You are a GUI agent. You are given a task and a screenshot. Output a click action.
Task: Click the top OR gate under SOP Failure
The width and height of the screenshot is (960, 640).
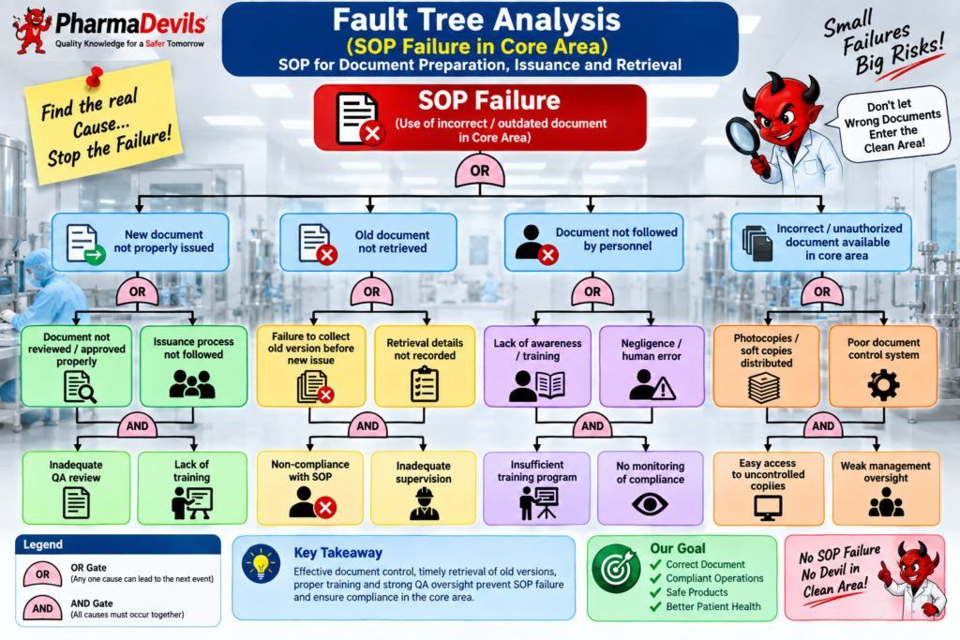click(x=479, y=171)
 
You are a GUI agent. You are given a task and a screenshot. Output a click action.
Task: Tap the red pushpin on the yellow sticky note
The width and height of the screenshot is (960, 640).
click(x=95, y=78)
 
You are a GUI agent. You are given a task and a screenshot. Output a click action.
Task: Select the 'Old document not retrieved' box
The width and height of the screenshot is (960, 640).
click(x=367, y=243)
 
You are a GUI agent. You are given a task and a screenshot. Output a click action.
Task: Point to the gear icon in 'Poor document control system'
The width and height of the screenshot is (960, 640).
click(x=883, y=385)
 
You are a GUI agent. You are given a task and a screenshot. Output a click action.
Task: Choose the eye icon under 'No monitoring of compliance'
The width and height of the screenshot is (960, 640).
click(x=650, y=504)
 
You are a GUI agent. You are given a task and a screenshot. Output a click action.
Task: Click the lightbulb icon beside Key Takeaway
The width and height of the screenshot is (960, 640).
click(x=261, y=563)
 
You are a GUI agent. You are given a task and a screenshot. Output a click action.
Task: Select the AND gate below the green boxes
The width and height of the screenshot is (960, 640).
click(x=137, y=425)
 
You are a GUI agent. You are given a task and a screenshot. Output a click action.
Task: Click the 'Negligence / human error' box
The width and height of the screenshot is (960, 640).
click(x=652, y=366)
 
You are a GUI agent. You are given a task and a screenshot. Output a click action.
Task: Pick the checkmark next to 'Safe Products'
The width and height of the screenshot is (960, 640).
click(x=655, y=592)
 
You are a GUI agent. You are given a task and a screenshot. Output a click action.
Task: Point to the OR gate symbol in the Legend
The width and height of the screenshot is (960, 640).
click(x=42, y=574)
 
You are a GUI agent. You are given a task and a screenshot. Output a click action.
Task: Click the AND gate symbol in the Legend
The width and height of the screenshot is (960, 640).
click(x=42, y=608)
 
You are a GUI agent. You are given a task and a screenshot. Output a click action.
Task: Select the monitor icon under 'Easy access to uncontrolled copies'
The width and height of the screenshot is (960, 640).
click(x=768, y=508)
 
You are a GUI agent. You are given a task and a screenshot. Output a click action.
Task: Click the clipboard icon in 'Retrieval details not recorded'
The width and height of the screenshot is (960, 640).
click(x=425, y=383)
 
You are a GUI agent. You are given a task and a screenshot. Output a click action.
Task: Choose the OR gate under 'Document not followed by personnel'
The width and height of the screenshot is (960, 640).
click(x=592, y=291)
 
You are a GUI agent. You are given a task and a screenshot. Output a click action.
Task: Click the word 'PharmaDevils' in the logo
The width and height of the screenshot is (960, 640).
click(x=131, y=23)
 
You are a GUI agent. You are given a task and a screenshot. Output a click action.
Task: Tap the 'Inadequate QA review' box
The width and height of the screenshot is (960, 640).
click(x=76, y=487)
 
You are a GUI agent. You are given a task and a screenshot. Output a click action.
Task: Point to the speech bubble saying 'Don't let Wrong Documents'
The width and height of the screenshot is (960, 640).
click(x=892, y=125)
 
